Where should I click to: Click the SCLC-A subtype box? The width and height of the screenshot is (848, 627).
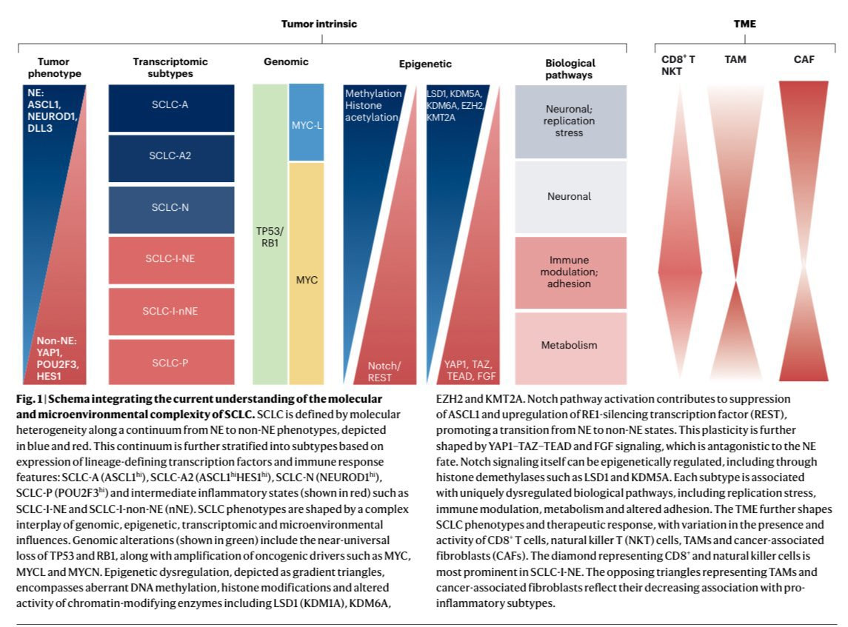pos(170,105)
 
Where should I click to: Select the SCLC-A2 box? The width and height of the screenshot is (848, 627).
pos(170,156)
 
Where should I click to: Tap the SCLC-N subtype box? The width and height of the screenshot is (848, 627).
pos(170,207)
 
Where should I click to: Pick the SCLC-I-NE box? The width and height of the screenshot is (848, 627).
pos(170,258)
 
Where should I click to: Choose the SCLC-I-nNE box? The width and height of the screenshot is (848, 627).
pos(170,310)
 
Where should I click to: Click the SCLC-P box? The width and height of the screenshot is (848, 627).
pos(170,362)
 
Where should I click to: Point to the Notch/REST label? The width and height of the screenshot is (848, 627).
pos(384,372)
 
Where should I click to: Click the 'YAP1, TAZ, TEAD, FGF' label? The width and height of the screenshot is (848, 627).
pos(467,369)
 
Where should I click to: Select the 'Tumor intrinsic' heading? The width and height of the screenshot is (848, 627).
pos(318,24)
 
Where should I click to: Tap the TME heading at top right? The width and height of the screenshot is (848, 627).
pos(744,24)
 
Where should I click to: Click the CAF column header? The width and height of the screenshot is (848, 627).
pos(803,59)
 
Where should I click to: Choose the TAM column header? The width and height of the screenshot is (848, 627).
pos(735,59)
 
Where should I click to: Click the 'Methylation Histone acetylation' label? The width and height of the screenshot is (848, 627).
pos(373,105)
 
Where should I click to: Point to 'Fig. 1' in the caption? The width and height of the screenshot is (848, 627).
pos(28,399)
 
